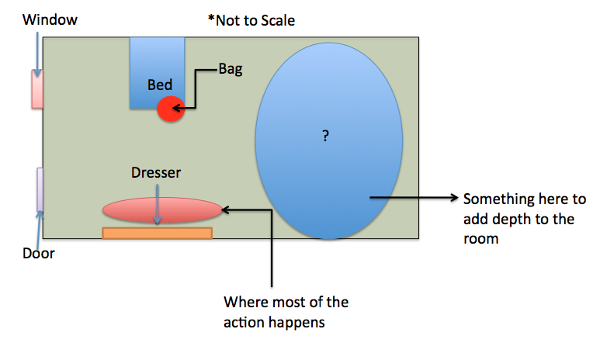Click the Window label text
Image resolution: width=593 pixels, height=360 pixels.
50,19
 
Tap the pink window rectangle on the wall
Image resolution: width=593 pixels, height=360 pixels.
36,88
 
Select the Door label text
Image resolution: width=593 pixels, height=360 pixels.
39,253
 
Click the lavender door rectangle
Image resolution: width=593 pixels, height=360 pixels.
40,189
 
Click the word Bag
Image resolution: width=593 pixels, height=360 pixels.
230,69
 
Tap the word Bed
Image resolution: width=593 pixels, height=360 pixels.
160,84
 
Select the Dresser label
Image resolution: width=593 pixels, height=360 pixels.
157,172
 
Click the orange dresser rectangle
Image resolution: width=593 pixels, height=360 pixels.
158,233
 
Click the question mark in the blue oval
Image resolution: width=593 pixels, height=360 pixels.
326,136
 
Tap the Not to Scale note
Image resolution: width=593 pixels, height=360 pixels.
251,21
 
